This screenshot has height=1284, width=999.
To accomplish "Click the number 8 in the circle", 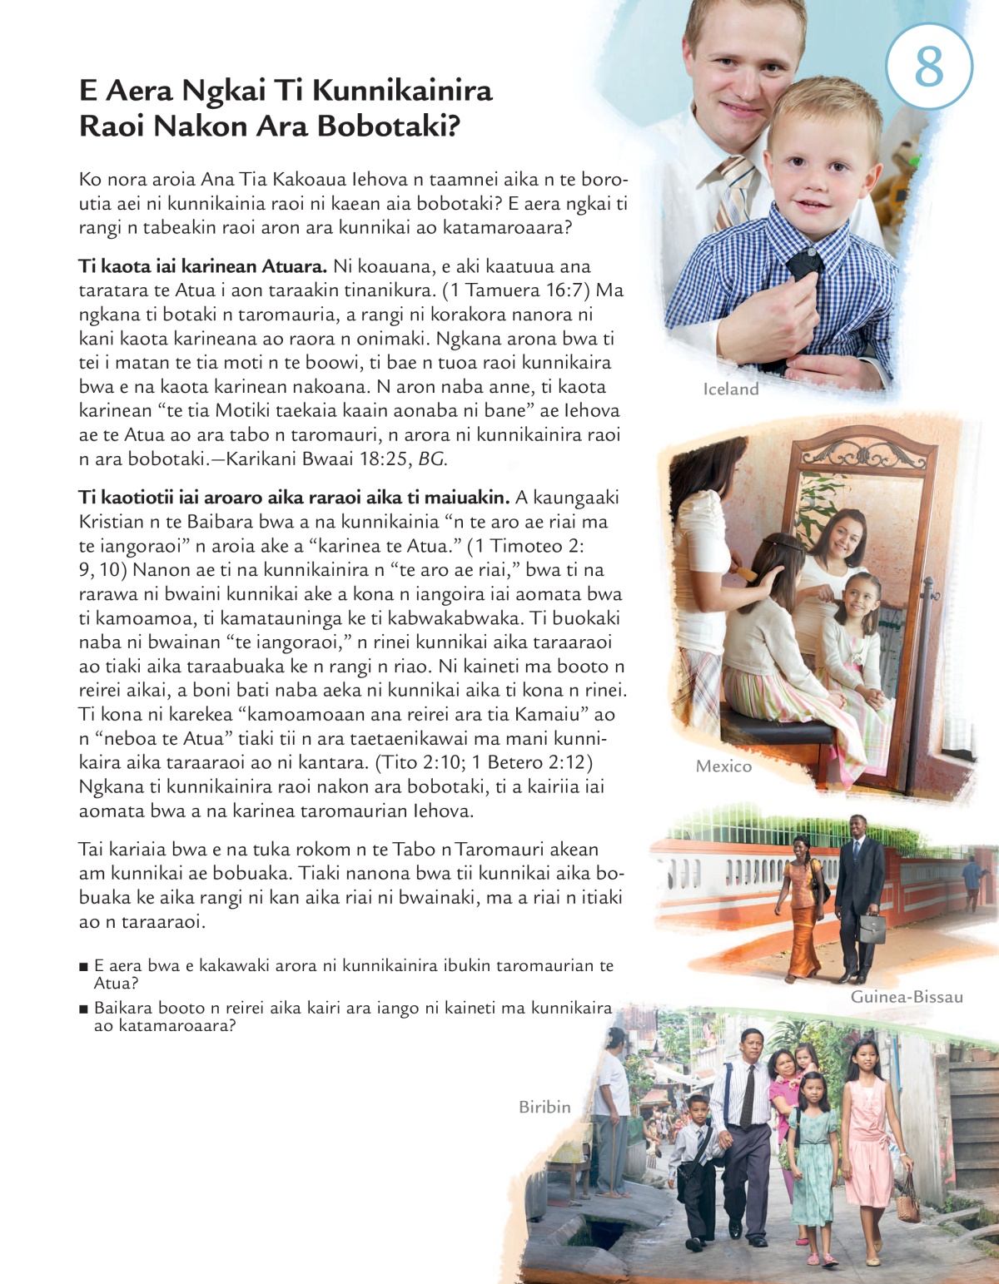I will click(929, 66).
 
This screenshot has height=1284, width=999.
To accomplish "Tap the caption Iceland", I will click(731, 389).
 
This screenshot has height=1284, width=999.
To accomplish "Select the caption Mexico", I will click(723, 766).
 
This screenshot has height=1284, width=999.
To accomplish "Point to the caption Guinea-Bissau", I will click(907, 997).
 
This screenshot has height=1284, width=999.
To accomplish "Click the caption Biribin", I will click(544, 1107).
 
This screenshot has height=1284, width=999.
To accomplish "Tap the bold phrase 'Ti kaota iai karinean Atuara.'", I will click(202, 266).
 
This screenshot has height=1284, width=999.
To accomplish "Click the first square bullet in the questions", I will click(83, 967).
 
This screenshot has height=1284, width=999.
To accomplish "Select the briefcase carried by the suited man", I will click(872, 928).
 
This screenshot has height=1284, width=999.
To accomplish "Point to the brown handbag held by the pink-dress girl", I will click(908, 1202).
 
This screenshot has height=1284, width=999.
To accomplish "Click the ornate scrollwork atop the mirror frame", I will click(862, 454).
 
